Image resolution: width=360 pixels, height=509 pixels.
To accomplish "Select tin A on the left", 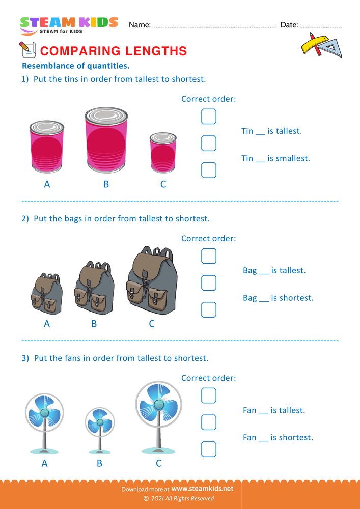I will click(47, 148).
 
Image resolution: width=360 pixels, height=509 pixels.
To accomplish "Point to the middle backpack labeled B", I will click(94, 289).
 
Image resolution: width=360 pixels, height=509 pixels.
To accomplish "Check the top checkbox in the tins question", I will click(209, 117).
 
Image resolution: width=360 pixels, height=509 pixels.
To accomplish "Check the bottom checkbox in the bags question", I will click(209, 309).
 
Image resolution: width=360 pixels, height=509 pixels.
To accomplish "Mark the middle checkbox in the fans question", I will click(209, 422).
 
